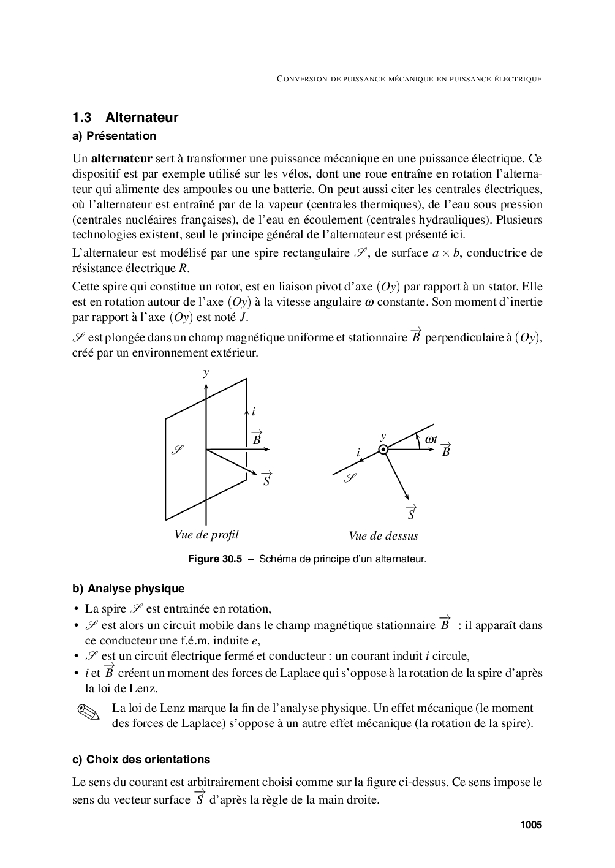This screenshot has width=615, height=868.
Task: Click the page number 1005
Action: [531, 825]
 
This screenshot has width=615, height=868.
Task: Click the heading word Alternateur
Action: [141, 117]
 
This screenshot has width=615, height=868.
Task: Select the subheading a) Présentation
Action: [115, 136]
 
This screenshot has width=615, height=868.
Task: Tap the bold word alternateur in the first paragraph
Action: [121, 159]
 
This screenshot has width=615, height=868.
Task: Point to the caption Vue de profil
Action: [206, 535]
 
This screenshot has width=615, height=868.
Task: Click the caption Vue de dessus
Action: [383, 536]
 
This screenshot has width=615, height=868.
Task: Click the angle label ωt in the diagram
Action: [431, 439]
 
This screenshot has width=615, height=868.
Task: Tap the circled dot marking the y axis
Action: [383, 450]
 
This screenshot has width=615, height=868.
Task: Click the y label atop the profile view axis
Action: [206, 372]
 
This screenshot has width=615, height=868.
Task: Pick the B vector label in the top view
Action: [446, 450]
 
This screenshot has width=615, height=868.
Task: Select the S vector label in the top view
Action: [411, 513]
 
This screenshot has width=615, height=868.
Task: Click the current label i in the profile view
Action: [254, 412]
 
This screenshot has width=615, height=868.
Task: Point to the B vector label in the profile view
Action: [257, 438]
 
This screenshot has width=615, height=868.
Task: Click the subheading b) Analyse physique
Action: [129, 589]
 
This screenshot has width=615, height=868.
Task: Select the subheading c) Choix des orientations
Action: [141, 760]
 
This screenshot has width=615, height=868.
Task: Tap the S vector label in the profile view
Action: [266, 479]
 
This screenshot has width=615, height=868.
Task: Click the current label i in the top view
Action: [358, 453]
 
